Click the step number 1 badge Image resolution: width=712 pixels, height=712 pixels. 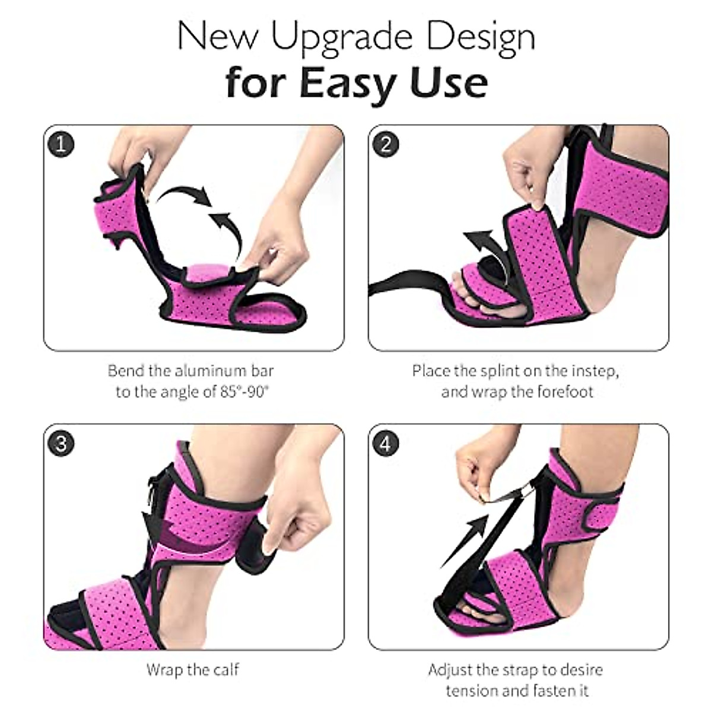click(61, 144)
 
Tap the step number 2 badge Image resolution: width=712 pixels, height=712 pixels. click(386, 144)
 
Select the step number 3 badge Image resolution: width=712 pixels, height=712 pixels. click(61, 443)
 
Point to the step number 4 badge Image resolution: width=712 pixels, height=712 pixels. click(386, 443)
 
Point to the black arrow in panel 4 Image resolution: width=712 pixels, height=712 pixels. click(464, 541)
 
